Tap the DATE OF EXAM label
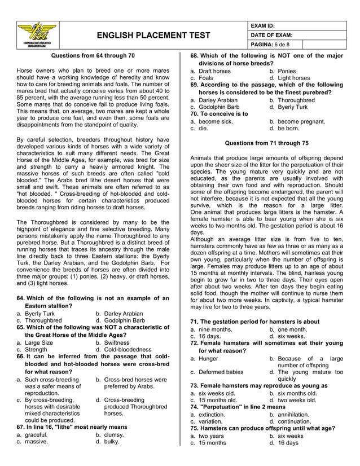271,35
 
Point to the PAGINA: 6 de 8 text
270,44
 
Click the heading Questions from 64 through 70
93,56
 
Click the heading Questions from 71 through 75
267,143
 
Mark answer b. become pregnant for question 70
297,121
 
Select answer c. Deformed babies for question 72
217,372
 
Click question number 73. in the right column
196,385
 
